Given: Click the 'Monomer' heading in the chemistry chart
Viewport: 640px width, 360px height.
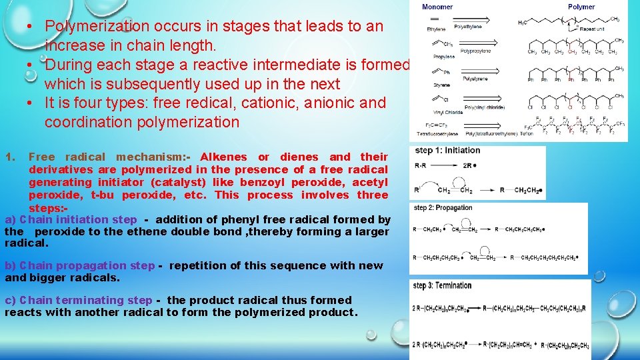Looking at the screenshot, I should [438, 7].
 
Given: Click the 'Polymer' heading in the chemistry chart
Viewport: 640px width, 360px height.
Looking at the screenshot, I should [581, 7].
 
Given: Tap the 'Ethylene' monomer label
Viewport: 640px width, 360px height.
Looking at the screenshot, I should [437, 29].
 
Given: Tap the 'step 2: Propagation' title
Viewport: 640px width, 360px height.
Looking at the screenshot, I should [443, 208].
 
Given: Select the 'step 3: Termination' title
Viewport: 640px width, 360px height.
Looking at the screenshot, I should [443, 285].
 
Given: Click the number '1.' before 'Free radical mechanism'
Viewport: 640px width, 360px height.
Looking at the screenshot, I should [9, 157].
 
